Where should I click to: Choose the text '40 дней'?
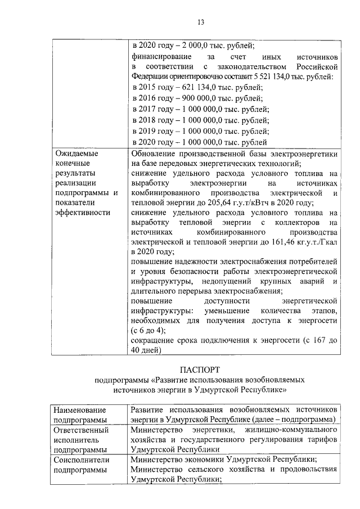tap(146, 350)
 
